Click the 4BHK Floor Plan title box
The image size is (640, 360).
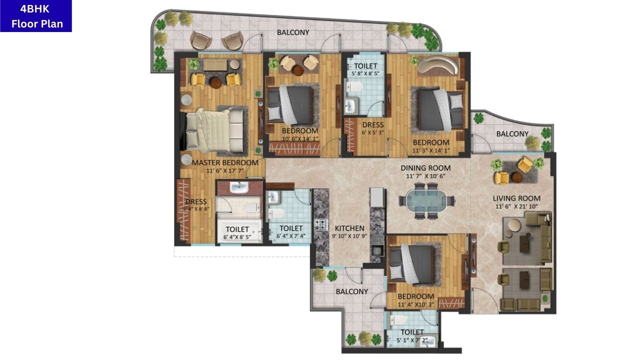pos(36,16)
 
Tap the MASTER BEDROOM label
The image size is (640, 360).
pos(225,162)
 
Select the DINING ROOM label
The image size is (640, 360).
pos(425,168)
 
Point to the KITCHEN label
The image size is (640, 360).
pos(349,228)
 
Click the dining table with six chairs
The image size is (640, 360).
pos(426,200)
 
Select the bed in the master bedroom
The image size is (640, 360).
pos(214,129)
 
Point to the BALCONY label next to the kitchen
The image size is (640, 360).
pos(351,291)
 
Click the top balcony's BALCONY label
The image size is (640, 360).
pos(293,32)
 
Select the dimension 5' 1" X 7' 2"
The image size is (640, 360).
pos(412,340)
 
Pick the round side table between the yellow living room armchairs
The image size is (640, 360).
pos(517,177)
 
